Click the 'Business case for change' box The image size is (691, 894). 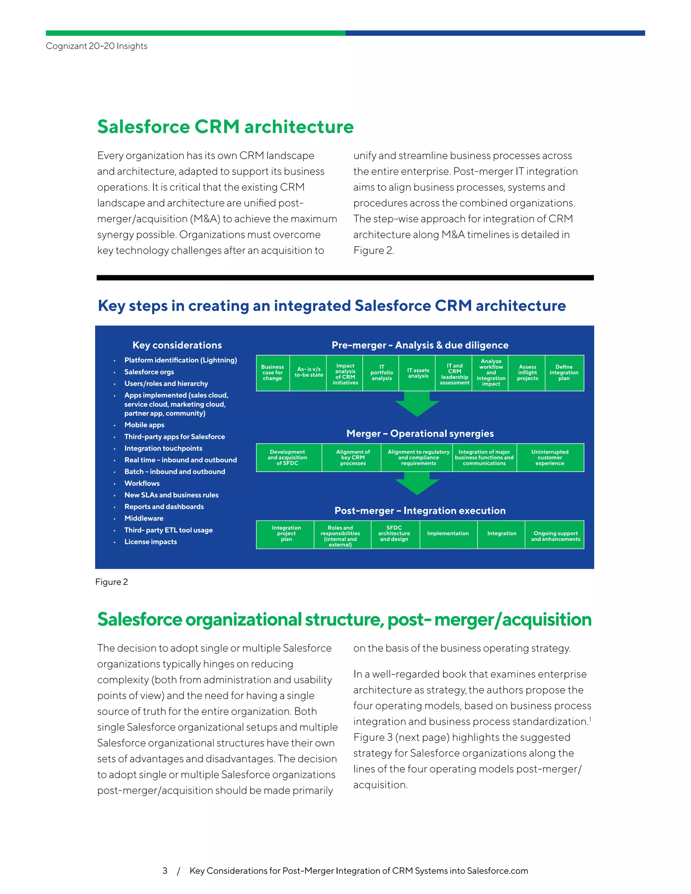[273, 373]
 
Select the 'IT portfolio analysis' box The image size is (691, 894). [382, 373]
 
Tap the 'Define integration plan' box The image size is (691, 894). [564, 373]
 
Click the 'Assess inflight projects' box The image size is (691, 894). [527, 373]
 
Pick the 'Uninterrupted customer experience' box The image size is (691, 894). [550, 458]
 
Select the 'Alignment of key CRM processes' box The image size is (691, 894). [353, 458]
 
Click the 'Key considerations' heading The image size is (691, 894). [177, 345]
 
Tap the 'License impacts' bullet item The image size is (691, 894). [150, 541]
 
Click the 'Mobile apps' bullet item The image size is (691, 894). [144, 425]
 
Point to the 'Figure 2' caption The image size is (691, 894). [111, 582]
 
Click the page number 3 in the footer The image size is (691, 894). [165, 871]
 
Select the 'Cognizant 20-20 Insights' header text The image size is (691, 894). [96, 46]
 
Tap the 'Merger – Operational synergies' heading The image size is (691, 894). [420, 434]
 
